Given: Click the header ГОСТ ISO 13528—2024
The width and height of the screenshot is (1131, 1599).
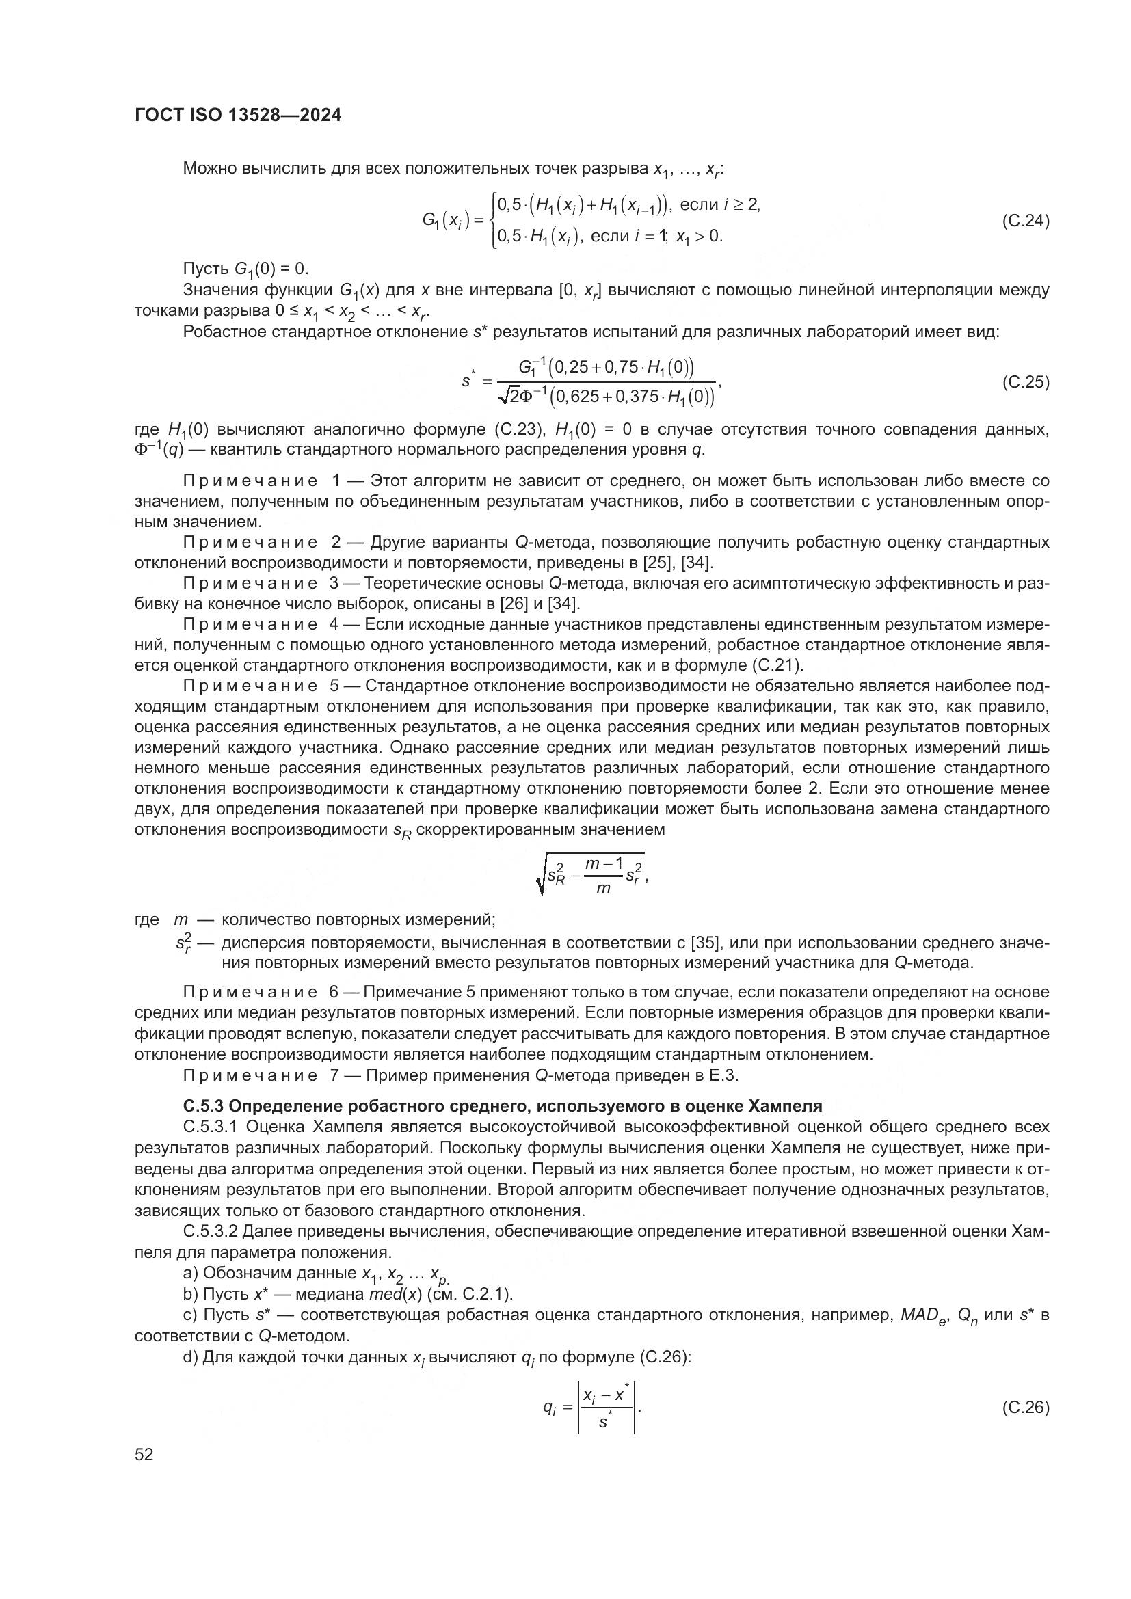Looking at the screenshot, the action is tap(237, 116).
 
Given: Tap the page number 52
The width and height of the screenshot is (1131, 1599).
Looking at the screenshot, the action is tap(144, 1454).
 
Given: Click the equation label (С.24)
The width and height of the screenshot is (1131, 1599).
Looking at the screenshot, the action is tap(1025, 221).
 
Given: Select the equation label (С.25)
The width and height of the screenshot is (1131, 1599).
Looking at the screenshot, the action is tap(1025, 381).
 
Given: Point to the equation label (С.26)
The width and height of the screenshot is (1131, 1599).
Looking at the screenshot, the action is tap(1025, 1408).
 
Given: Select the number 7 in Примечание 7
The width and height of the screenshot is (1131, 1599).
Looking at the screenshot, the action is tap(334, 1075).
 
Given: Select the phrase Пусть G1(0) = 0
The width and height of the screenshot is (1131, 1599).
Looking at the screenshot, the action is tap(245, 269).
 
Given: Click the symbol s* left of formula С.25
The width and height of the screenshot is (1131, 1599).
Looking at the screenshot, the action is tap(467, 380).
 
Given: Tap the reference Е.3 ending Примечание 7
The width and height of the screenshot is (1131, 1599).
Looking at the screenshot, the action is tap(724, 1075).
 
